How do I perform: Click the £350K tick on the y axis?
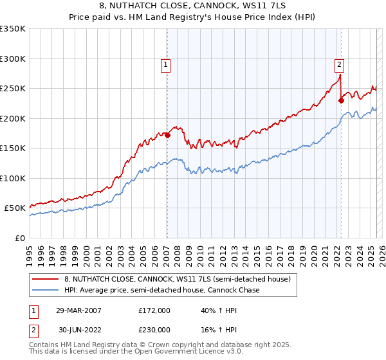click(12, 29)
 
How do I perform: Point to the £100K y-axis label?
click(12, 178)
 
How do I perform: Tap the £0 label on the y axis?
click(21, 238)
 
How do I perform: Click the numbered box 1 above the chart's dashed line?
click(166, 64)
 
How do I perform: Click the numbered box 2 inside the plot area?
click(339, 64)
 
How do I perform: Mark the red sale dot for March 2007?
click(167, 135)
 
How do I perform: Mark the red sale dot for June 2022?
click(341, 100)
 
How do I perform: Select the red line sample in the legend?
click(46, 279)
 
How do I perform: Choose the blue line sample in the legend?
click(46, 290)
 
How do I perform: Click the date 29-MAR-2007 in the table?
click(78, 310)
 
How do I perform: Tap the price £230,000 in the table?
click(154, 329)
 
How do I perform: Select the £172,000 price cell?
click(154, 310)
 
